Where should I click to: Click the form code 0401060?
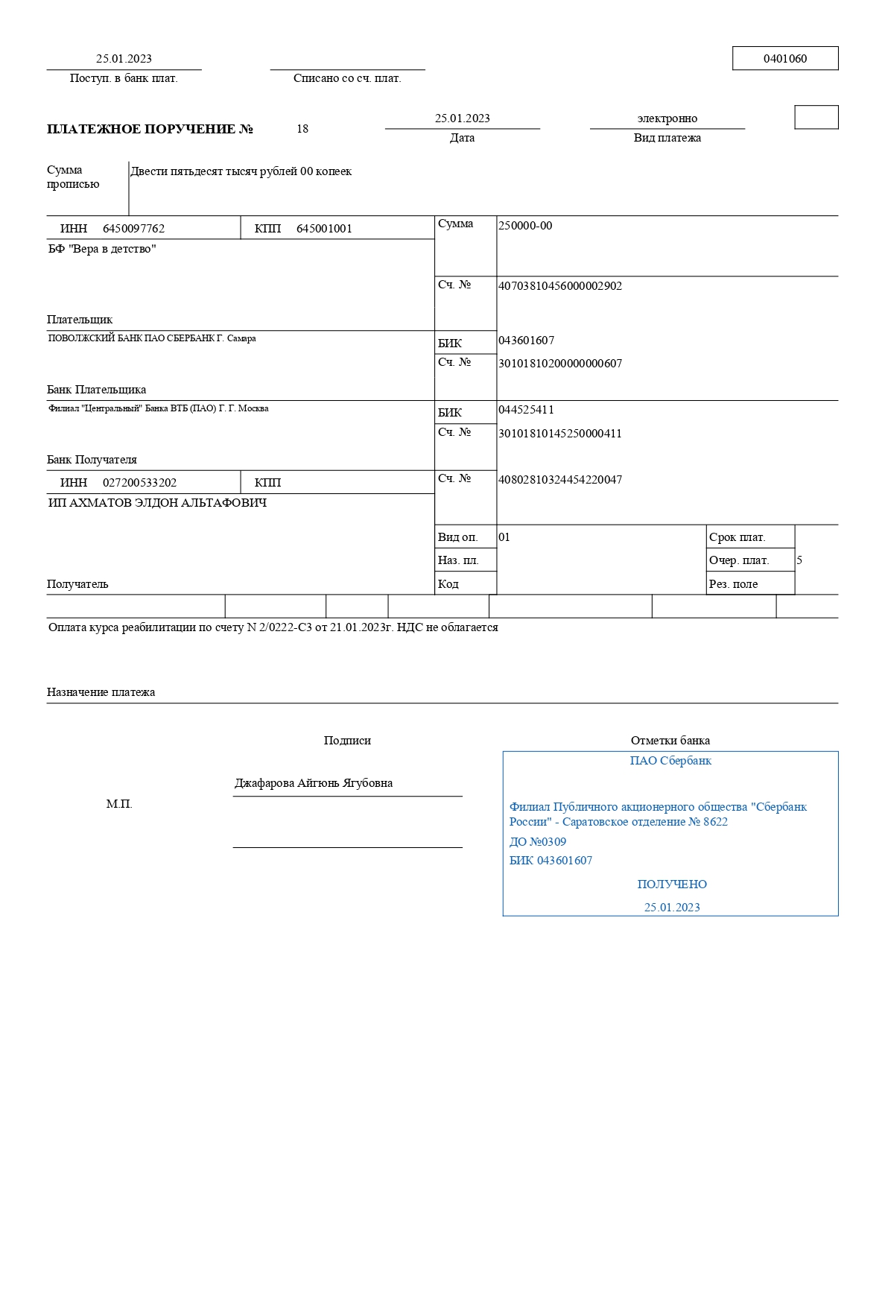click(x=784, y=59)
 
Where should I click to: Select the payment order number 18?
click(x=302, y=129)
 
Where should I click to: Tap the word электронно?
click(x=667, y=118)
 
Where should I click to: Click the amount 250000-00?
click(x=525, y=226)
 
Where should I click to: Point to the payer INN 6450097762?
click(x=133, y=229)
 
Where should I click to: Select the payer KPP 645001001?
click(x=324, y=229)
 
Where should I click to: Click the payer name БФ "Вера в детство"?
click(x=102, y=249)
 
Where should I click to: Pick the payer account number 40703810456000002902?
click(x=559, y=286)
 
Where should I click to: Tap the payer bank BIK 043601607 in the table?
click(x=526, y=341)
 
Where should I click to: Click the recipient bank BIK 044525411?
click(x=526, y=410)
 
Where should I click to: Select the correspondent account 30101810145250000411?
click(x=559, y=434)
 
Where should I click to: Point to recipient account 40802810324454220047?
click(x=559, y=480)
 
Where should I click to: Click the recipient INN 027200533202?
click(x=139, y=483)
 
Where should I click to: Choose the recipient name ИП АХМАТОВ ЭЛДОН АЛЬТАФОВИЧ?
click(x=157, y=503)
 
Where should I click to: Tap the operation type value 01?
click(x=504, y=537)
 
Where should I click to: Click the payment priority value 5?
click(x=799, y=560)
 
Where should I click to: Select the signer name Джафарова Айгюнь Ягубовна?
click(x=314, y=783)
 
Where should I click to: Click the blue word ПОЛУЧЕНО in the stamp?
click(x=672, y=884)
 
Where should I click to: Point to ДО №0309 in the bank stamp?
click(x=537, y=842)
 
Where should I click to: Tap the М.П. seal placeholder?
click(x=119, y=804)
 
